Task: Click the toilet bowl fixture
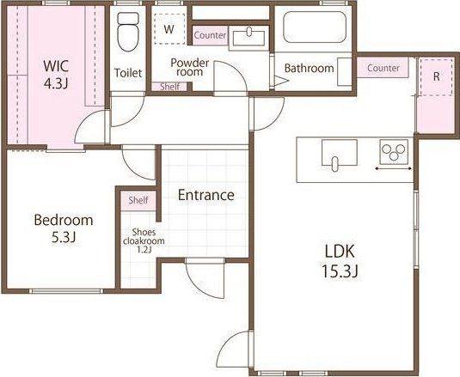(x=128, y=32)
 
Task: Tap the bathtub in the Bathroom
(x=315, y=27)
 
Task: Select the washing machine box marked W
(x=169, y=29)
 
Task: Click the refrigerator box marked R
(x=437, y=76)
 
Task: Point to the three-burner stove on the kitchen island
(x=394, y=152)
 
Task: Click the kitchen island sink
(x=340, y=155)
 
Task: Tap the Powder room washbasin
(x=248, y=37)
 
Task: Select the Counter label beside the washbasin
(x=210, y=35)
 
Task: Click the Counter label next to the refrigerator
(x=383, y=68)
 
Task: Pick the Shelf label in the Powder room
(x=170, y=87)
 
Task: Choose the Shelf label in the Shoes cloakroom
(x=138, y=200)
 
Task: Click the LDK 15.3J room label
(x=340, y=260)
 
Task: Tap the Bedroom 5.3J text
(x=64, y=228)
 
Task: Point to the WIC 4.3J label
(x=56, y=75)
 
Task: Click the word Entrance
(x=206, y=195)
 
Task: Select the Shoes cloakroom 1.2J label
(x=144, y=240)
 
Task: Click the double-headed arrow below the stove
(x=394, y=168)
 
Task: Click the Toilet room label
(x=128, y=73)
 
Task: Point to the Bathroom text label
(x=310, y=68)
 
